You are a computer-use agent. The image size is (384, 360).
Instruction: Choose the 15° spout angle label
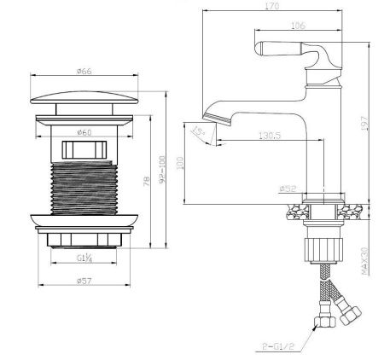pyautogui.click(x=199, y=131)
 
